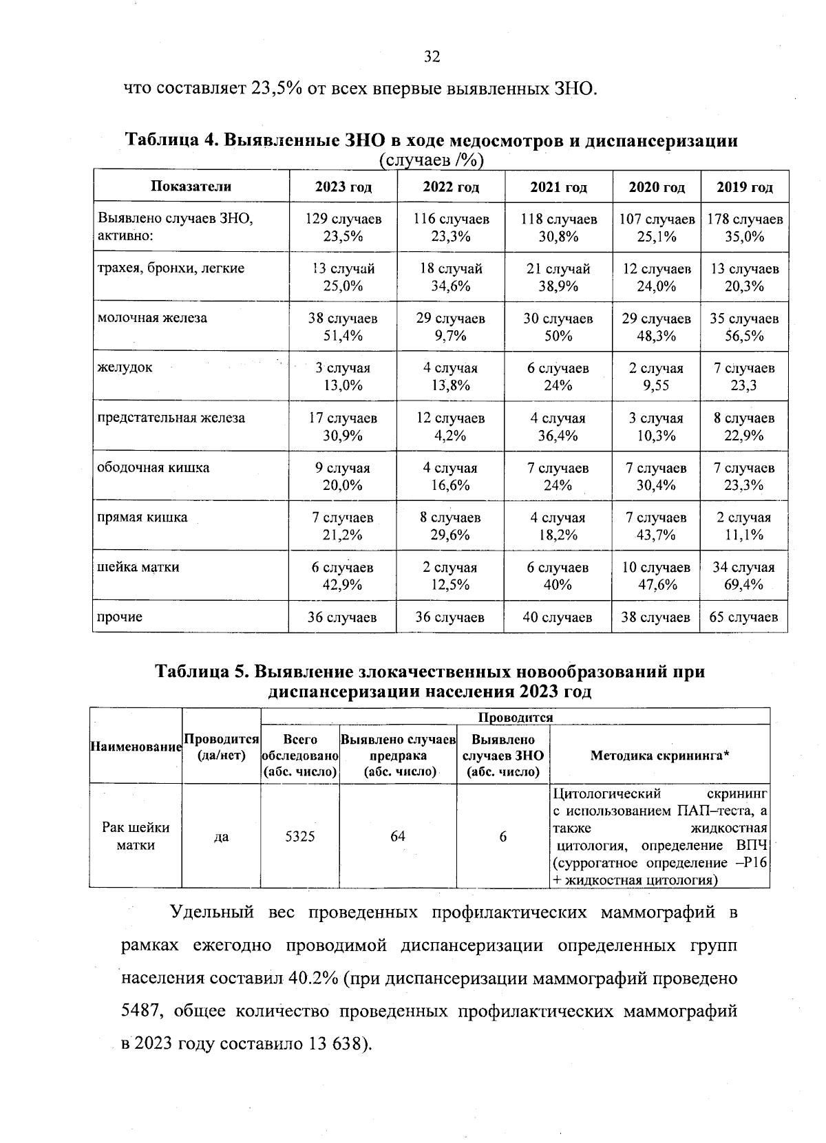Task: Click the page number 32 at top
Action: tap(432, 56)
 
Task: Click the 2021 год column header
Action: tap(558, 186)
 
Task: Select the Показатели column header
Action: tap(191, 186)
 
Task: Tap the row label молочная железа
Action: tap(152, 318)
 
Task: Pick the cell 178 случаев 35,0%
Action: tap(745, 228)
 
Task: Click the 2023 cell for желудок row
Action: tap(343, 376)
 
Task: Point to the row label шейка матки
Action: tap(138, 567)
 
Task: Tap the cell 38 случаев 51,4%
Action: tap(343, 327)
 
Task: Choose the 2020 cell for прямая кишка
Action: tap(656, 526)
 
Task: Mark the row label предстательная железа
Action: tap(171, 418)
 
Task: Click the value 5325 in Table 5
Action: tap(300, 836)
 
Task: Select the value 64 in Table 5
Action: tap(398, 836)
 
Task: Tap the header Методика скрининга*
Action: tap(660, 756)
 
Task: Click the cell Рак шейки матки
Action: tap(136, 836)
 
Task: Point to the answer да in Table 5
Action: tap(221, 837)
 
